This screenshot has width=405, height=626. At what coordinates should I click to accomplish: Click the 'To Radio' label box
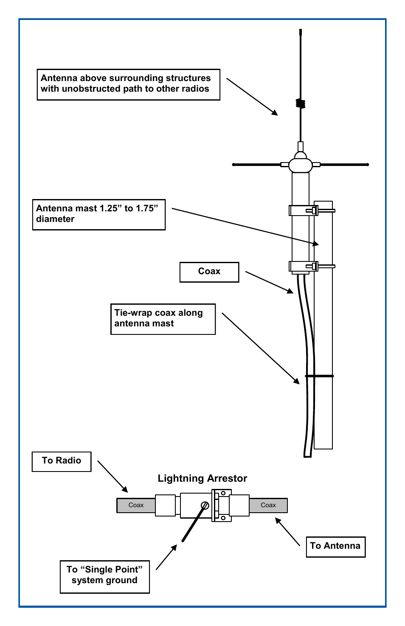click(62, 461)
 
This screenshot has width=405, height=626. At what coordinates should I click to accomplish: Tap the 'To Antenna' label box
click(335, 546)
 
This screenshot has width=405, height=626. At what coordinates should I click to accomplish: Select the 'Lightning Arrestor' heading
click(202, 478)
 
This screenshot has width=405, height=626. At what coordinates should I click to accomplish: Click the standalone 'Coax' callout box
click(209, 272)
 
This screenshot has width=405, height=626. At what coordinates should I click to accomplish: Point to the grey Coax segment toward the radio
click(136, 505)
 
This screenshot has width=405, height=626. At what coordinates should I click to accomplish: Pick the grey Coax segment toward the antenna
click(268, 505)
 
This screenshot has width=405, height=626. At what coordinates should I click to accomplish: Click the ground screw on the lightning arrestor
click(205, 505)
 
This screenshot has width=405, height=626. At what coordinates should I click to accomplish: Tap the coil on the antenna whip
click(301, 103)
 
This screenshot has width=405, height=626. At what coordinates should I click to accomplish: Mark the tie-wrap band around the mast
click(319, 376)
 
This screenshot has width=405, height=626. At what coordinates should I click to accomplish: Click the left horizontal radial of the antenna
click(257, 164)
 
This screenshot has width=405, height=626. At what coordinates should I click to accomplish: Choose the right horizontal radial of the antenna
click(344, 164)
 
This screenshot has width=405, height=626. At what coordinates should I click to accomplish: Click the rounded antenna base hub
click(301, 165)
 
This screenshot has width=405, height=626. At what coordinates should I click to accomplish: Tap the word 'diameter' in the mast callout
click(55, 219)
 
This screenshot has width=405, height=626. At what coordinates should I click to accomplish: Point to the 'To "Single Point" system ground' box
click(104, 575)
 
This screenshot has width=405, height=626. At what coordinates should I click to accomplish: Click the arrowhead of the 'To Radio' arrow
click(125, 490)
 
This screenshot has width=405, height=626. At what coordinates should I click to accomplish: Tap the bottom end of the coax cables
click(308, 455)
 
